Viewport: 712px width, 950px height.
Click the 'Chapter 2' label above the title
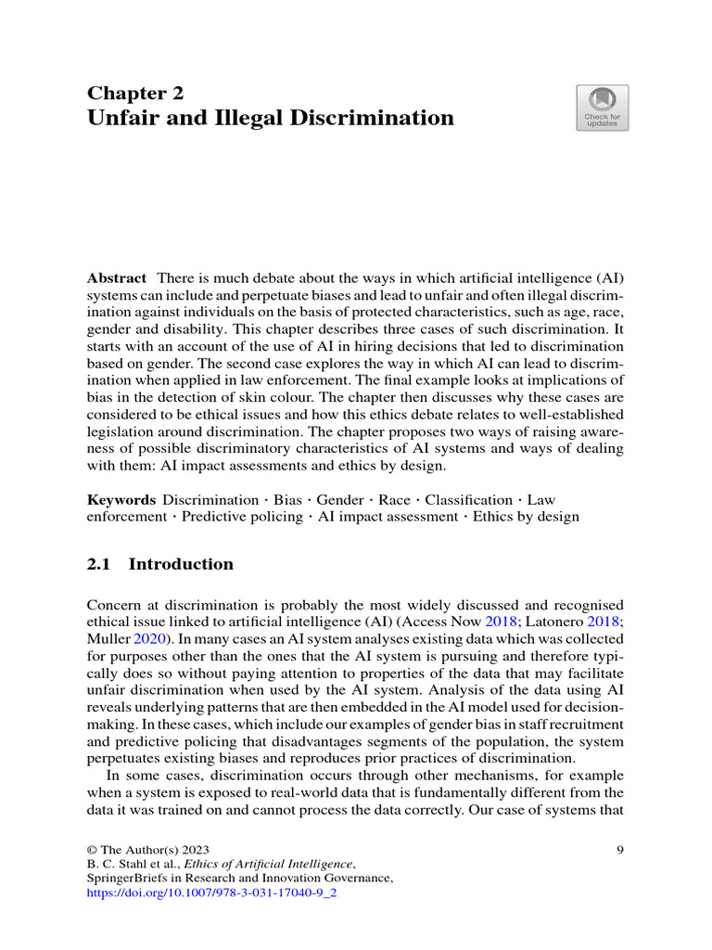[x=135, y=93]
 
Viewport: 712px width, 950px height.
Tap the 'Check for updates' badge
[x=602, y=108]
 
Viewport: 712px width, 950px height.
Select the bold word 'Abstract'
[x=117, y=278]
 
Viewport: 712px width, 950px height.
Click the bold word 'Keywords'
[x=121, y=499]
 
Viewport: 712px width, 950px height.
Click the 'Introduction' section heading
[x=181, y=564]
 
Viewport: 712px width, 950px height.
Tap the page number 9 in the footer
[x=619, y=849]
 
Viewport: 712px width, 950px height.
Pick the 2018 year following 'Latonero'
[x=604, y=622]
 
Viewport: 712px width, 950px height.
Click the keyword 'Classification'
[x=468, y=499]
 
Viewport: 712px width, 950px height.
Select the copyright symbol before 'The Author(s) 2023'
[x=92, y=849]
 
